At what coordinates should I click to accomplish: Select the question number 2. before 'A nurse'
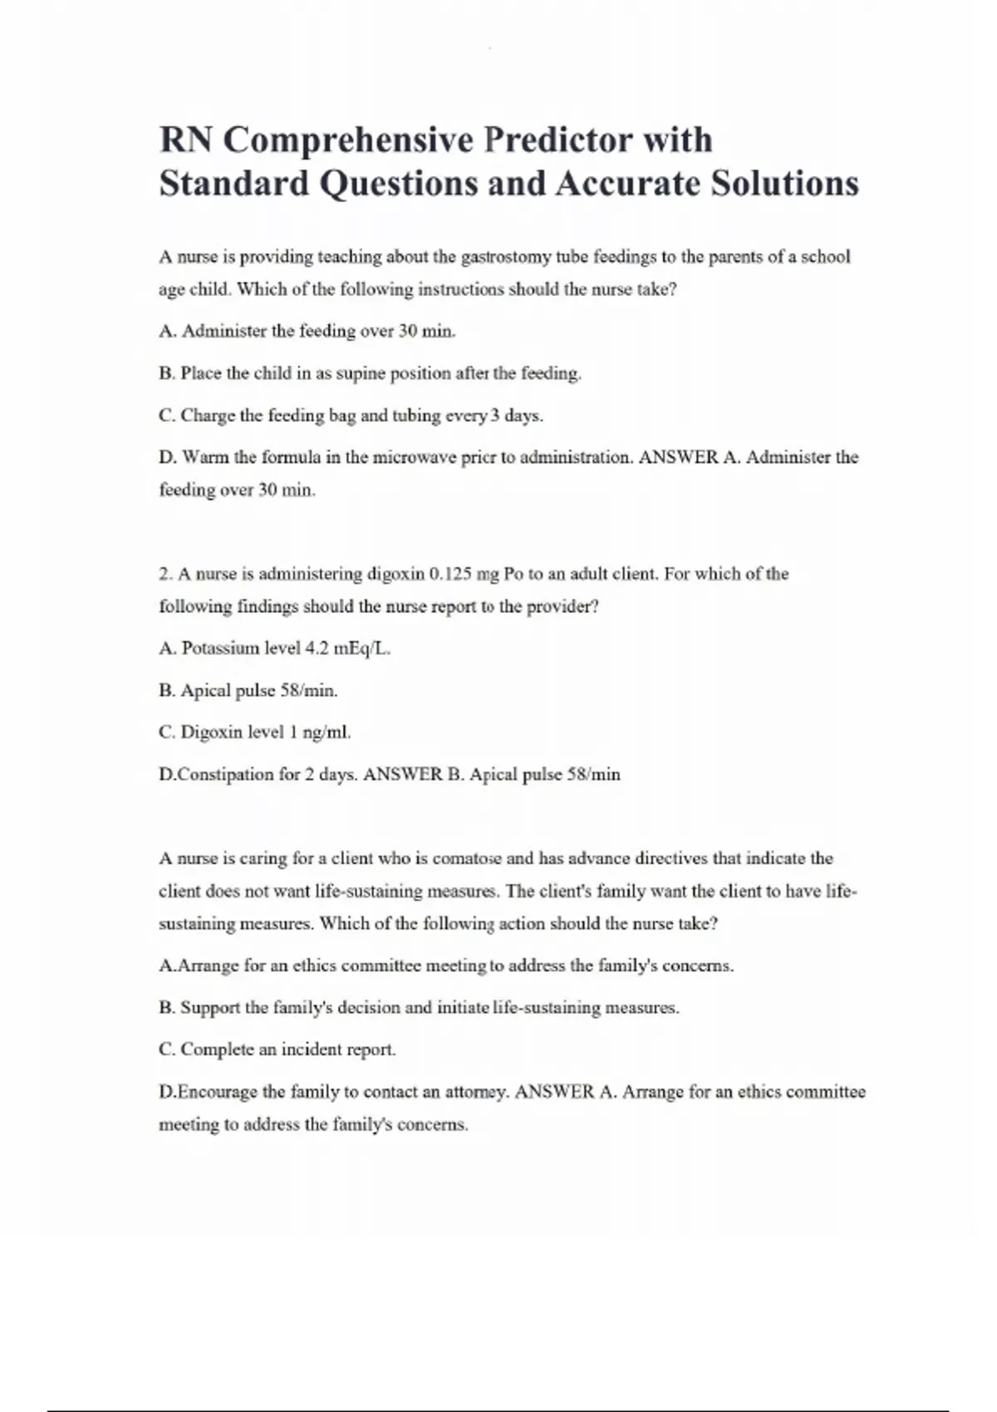[165, 574]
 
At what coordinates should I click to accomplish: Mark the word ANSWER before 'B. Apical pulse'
[403, 775]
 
